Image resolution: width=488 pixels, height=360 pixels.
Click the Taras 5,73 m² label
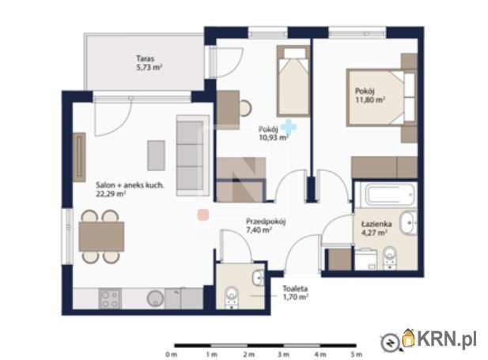(x=149, y=63)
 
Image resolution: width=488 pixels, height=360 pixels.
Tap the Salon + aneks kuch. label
(x=130, y=185)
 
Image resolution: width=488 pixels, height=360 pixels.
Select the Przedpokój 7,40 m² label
(x=266, y=225)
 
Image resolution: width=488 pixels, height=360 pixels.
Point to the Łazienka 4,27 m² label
(x=376, y=228)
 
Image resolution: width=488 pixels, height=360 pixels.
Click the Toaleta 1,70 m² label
(x=295, y=293)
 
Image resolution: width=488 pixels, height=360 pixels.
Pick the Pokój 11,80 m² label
(x=370, y=95)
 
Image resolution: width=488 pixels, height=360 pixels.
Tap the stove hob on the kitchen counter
(x=110, y=298)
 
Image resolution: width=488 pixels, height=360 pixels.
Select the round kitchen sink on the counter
(x=155, y=298)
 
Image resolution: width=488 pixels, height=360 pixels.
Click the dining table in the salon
(x=101, y=237)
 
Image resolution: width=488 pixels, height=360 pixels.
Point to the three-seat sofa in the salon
(x=193, y=155)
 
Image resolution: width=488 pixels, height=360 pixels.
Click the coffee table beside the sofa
(x=157, y=155)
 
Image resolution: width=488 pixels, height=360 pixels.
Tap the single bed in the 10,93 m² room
(x=293, y=81)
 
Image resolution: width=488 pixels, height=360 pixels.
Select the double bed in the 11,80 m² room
(x=381, y=98)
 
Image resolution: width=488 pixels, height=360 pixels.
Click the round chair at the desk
(x=245, y=108)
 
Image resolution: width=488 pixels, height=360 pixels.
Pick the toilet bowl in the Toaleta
(x=232, y=297)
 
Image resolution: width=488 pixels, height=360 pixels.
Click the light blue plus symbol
(x=289, y=127)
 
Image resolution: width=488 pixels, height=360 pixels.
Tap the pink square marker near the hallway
(x=203, y=215)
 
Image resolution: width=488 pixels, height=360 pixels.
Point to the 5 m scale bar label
(x=357, y=354)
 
